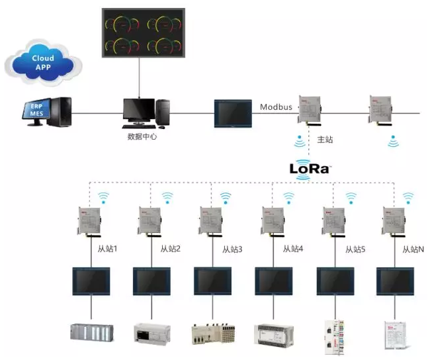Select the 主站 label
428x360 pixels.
pos(325,140)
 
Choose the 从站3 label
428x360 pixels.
pos(232,249)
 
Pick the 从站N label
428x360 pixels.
pos(415,249)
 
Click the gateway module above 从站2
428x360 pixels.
pos(150,221)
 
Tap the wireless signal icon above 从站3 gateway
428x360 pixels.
pos(226,197)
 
